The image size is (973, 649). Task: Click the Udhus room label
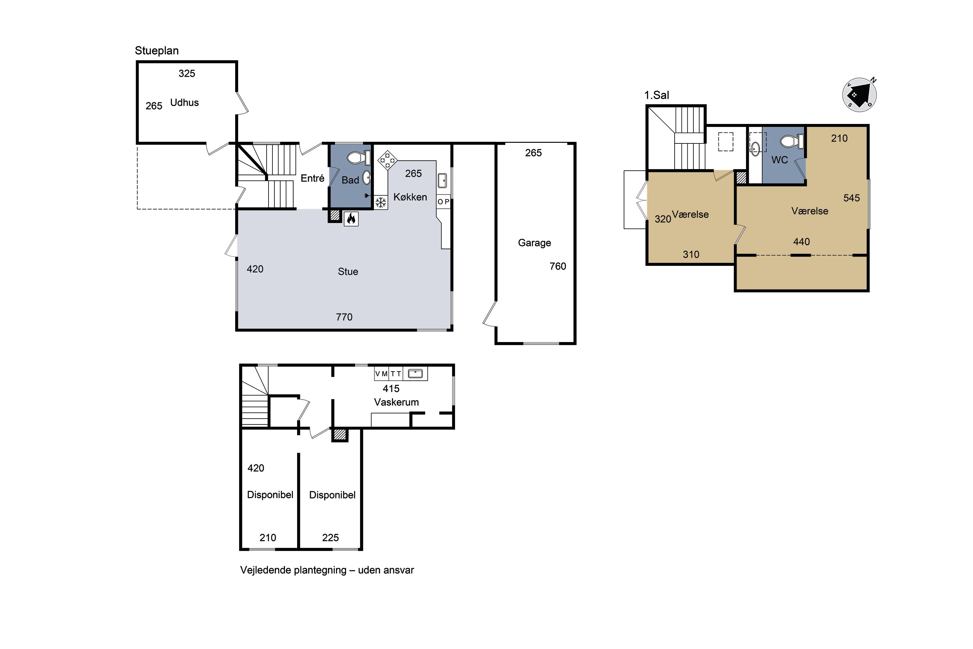click(185, 103)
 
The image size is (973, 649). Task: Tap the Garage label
click(535, 243)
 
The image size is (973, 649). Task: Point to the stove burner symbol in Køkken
click(387, 160)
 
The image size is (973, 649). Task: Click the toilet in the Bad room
click(358, 157)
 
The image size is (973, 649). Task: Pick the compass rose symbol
click(860, 95)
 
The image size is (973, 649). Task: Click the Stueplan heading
click(157, 51)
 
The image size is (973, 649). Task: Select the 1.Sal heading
click(656, 95)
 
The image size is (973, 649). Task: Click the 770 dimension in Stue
click(344, 317)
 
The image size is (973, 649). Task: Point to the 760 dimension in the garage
click(558, 266)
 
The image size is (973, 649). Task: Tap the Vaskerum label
click(396, 402)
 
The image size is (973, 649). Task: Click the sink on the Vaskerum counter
click(415, 374)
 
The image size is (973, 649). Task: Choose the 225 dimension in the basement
click(330, 538)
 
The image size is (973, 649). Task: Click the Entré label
click(312, 178)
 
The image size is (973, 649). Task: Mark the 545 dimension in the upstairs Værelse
click(852, 198)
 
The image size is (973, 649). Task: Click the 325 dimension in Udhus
click(186, 73)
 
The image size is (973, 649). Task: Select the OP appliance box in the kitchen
click(443, 202)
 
